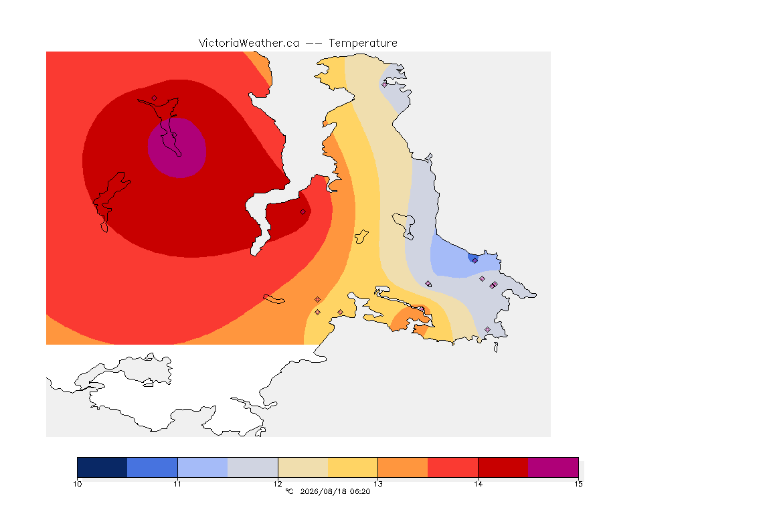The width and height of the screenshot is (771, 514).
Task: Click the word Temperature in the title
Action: (363, 44)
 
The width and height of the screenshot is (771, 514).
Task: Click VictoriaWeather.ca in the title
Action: (249, 44)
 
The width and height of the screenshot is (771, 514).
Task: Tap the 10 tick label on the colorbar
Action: (77, 484)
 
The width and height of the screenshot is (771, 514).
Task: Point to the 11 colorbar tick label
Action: (177, 484)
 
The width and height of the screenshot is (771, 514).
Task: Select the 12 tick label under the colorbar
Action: (278, 484)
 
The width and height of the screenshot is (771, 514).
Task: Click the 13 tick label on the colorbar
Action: (377, 484)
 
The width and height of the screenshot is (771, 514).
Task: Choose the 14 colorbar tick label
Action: (478, 484)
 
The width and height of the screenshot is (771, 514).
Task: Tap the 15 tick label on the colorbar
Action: (578, 484)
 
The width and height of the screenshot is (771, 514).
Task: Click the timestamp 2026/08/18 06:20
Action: (335, 491)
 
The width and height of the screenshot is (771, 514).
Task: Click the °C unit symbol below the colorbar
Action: (289, 491)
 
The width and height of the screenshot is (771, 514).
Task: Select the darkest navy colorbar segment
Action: (102, 467)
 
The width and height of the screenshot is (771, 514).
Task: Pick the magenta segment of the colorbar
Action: (553, 467)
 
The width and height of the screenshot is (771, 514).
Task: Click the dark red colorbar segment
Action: (503, 467)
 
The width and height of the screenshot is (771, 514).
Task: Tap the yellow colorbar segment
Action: (353, 467)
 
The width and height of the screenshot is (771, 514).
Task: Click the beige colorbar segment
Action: (303, 467)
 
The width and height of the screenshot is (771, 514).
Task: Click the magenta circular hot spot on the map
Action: (177, 147)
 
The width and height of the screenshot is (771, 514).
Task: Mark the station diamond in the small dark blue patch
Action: (475, 261)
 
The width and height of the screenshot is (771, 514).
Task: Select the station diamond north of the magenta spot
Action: (155, 98)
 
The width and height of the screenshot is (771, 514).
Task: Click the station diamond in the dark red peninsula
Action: (303, 212)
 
